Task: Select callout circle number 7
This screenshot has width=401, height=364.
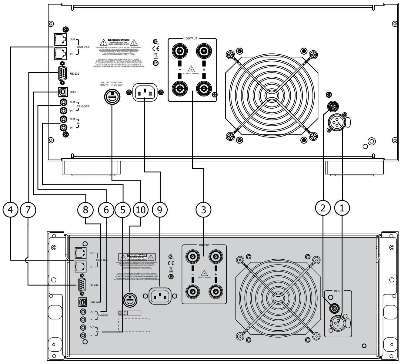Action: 28,210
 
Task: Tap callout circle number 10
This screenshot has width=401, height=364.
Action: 140,210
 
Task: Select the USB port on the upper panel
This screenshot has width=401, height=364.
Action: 62,91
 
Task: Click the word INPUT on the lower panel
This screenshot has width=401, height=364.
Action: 338,291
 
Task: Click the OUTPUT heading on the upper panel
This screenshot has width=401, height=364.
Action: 191,39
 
